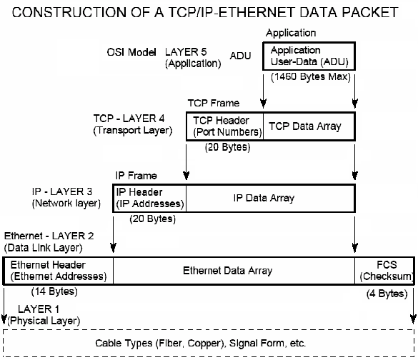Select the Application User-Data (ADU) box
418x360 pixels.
coord(310,56)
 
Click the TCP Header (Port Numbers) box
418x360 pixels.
coord(224,126)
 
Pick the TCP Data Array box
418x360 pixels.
coord(309,126)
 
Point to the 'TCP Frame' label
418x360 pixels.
coord(214,103)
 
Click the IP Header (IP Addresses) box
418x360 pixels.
coord(149,197)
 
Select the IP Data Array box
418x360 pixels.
coord(270,197)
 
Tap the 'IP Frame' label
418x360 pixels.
coord(136,174)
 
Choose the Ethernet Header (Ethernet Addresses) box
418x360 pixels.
coord(59,270)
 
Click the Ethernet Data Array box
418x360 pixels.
coord(234,271)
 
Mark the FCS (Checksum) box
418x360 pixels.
coord(385,270)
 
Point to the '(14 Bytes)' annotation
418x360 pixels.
coord(54,291)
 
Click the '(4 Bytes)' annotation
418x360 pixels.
coord(386,294)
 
